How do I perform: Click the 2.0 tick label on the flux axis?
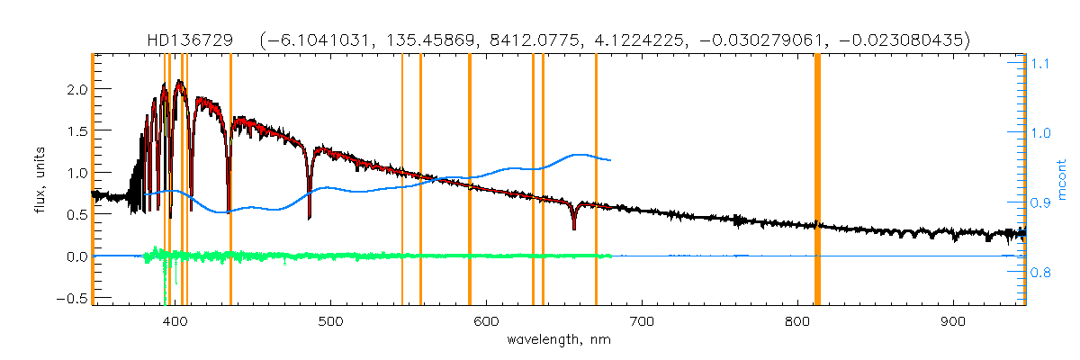point(76,90)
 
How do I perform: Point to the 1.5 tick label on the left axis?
point(76,131)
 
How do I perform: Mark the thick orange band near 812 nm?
point(817,180)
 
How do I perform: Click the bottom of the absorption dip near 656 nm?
point(573,229)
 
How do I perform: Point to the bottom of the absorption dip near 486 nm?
point(310,217)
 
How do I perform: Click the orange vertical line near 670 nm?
point(596,180)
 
